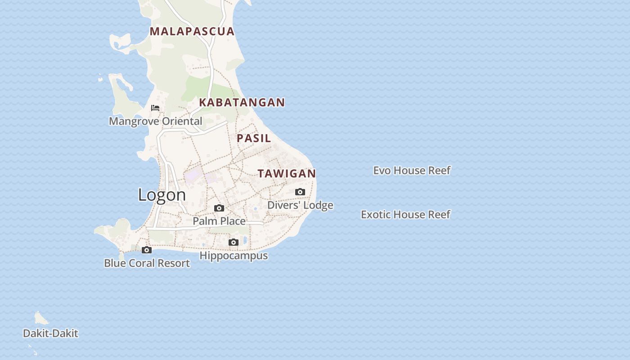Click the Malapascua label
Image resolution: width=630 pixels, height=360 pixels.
point(192,31)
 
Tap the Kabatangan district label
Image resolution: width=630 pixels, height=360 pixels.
point(242,103)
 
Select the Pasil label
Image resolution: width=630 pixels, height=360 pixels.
point(254,138)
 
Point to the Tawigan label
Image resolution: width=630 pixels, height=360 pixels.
point(287,174)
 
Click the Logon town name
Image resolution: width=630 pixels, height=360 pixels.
point(162,195)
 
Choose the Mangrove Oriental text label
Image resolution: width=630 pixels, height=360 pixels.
point(155,121)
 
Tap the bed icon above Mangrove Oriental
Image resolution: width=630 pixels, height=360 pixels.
point(155,108)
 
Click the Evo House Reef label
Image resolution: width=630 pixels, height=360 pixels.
point(412,171)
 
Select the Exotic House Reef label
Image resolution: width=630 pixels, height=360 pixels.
point(405,215)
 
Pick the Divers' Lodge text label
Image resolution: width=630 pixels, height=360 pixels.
point(300,205)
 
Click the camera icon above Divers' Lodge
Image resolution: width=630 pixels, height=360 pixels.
point(300,192)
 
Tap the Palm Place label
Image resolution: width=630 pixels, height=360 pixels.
point(219,221)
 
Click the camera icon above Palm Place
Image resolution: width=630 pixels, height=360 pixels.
point(219,208)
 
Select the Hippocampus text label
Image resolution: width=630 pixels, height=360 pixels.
point(234,256)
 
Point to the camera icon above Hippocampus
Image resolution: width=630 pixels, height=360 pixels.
point(234,243)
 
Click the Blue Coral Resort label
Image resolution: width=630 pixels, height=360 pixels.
point(147,263)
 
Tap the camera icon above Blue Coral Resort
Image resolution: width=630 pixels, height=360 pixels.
point(147,250)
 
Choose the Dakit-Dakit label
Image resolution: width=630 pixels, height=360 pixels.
point(50,333)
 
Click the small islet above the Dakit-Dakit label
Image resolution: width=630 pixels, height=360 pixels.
point(41,319)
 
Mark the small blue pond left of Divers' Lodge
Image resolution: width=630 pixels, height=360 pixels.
point(255,209)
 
